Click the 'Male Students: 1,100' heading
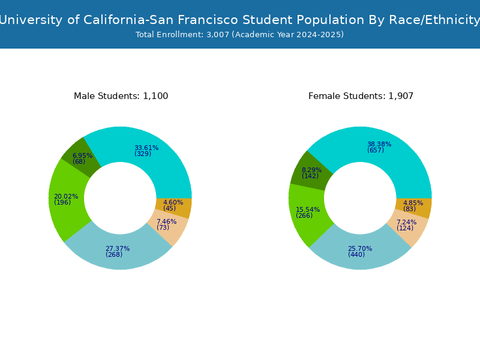121,96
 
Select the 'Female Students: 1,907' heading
361,96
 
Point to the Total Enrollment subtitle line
239,35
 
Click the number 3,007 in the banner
218,35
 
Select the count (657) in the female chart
376,150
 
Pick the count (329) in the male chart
143,154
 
